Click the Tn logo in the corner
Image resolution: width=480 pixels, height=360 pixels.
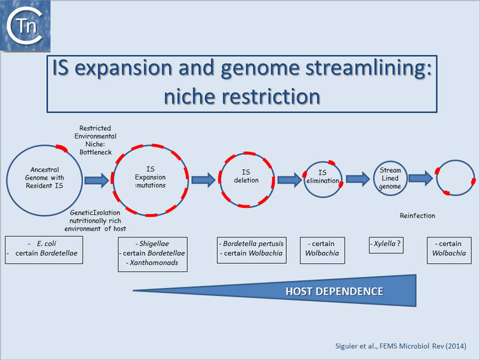tap(25, 25)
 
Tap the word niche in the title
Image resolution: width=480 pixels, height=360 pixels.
tap(193, 96)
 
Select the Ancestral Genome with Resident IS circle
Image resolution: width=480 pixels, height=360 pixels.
tap(44, 178)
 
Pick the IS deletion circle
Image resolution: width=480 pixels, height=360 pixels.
tap(246, 179)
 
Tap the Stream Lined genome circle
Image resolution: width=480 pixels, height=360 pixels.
tap(390, 178)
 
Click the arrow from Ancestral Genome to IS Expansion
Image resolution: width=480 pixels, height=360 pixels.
tap(96, 179)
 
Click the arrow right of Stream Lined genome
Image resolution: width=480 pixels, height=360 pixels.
tap(421, 178)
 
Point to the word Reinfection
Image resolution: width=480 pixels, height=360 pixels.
tap(417, 215)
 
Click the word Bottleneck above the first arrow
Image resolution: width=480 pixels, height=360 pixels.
tap(95, 152)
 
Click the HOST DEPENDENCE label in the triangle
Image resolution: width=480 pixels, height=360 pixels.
tap(334, 292)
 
